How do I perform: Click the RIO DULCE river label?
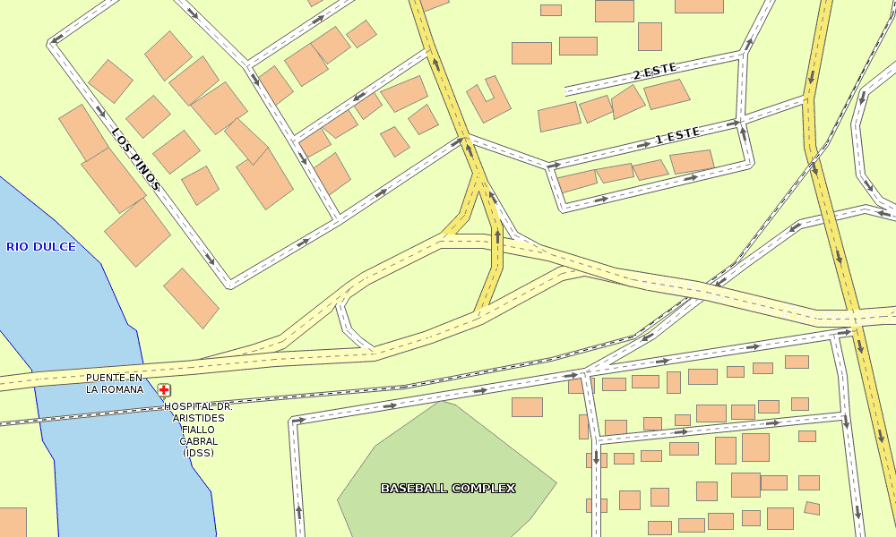(x=41, y=246)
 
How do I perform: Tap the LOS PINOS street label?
(x=136, y=159)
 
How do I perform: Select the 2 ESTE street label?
(x=654, y=72)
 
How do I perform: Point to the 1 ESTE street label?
(x=677, y=136)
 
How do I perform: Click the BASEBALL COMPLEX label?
(x=448, y=488)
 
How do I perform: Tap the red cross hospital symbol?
(x=164, y=390)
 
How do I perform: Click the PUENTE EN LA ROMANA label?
(x=115, y=384)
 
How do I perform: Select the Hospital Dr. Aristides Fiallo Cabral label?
(x=198, y=430)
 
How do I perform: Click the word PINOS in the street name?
(x=144, y=170)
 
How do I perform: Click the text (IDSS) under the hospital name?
(x=198, y=453)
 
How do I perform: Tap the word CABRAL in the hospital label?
(x=198, y=441)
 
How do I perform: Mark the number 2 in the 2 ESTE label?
(x=637, y=75)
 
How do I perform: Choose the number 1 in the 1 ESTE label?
(x=660, y=140)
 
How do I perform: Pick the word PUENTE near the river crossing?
(x=106, y=378)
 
